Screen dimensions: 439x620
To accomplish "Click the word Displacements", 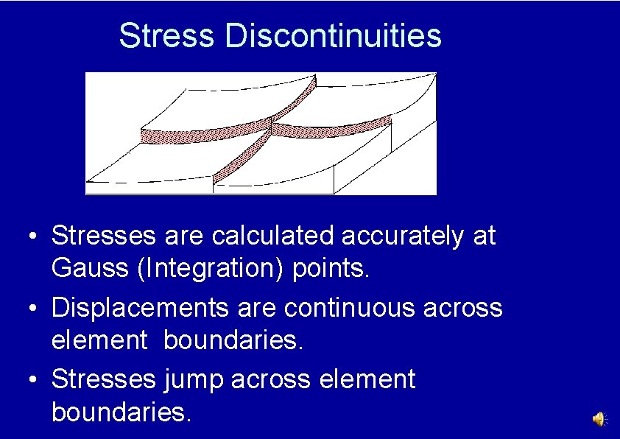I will coord(140,308).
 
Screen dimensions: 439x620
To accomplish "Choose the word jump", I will coord(194,380).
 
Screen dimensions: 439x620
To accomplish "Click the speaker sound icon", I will coord(599,419).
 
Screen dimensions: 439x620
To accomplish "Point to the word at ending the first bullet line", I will coord(485,236).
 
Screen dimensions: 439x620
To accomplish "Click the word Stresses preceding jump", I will coord(103,380).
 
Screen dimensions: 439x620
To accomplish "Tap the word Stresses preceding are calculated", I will coord(103,236).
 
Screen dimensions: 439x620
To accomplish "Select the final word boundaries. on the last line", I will coord(121,412).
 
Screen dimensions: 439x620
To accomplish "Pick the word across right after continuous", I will coord(463,308).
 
